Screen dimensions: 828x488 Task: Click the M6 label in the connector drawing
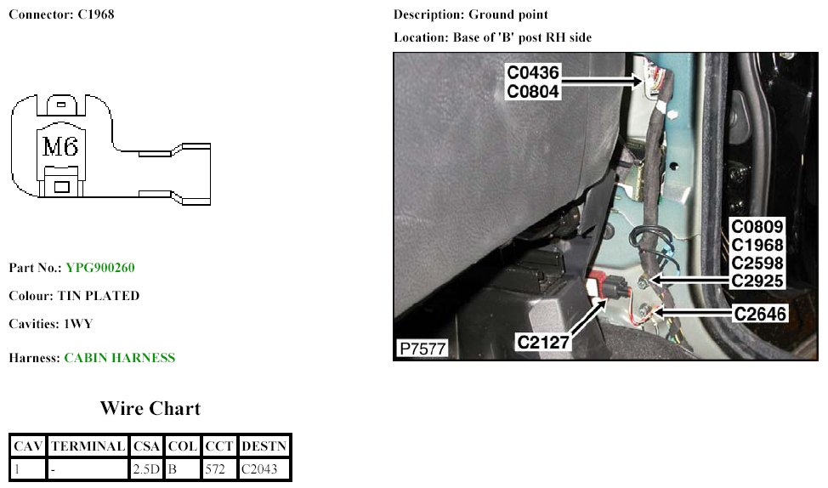click(x=61, y=146)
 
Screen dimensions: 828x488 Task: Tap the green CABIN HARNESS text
click(x=120, y=358)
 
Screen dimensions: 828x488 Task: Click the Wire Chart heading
click(x=150, y=408)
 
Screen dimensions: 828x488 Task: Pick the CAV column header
click(x=28, y=446)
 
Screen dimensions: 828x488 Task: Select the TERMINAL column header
click(x=88, y=446)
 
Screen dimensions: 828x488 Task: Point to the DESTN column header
click(x=264, y=446)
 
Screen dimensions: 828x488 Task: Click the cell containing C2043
click(x=258, y=468)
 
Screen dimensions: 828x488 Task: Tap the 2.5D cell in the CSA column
click(x=145, y=468)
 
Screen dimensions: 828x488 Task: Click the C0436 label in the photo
click(x=533, y=73)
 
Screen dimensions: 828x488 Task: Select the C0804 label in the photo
click(x=533, y=91)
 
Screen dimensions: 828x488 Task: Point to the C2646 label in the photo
click(x=761, y=314)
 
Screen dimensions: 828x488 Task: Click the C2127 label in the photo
click(x=543, y=342)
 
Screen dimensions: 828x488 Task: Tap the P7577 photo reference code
click(x=423, y=349)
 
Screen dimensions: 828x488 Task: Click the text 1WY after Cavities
click(x=78, y=324)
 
